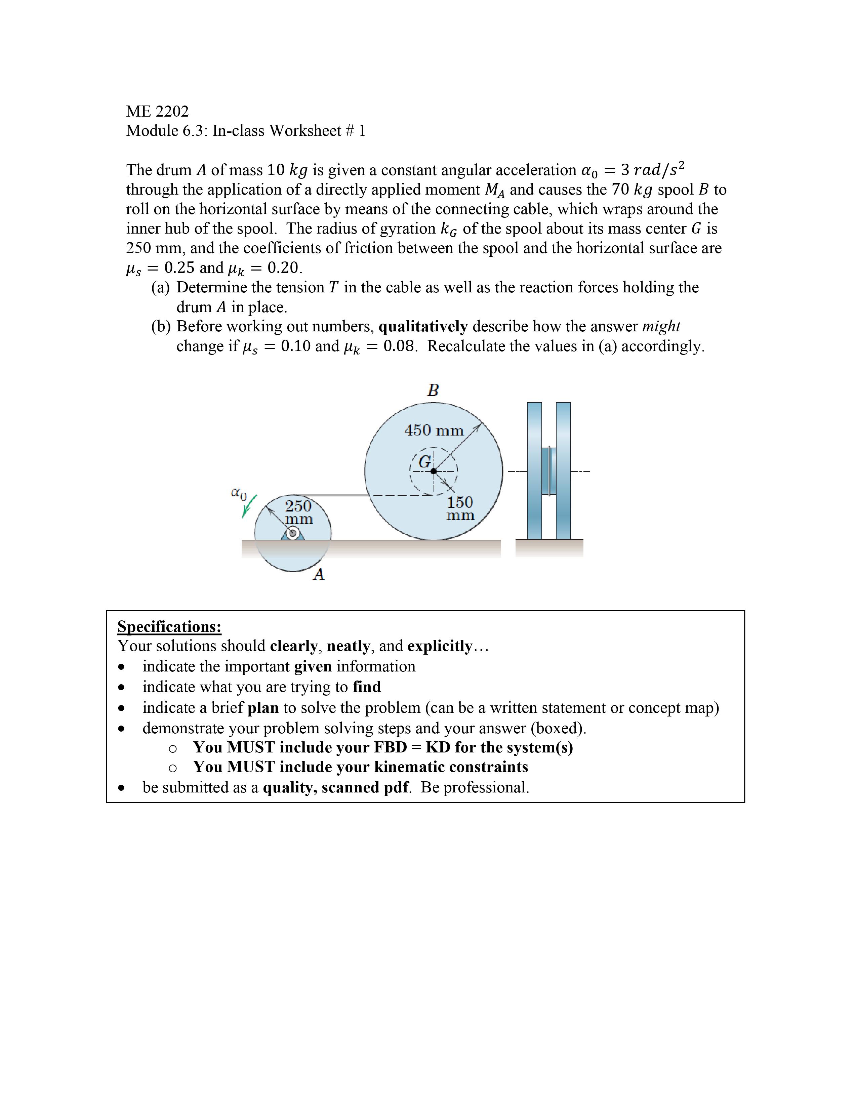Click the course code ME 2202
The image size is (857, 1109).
click(157, 111)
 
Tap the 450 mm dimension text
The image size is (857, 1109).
click(434, 430)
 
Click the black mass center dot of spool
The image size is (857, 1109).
click(434, 471)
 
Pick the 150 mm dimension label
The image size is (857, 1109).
click(460, 508)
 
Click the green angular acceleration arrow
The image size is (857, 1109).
click(249, 506)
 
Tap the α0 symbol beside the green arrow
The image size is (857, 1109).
click(238, 493)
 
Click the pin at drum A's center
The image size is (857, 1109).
click(292, 533)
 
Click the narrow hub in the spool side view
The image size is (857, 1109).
click(548, 471)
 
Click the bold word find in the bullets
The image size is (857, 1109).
click(367, 687)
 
